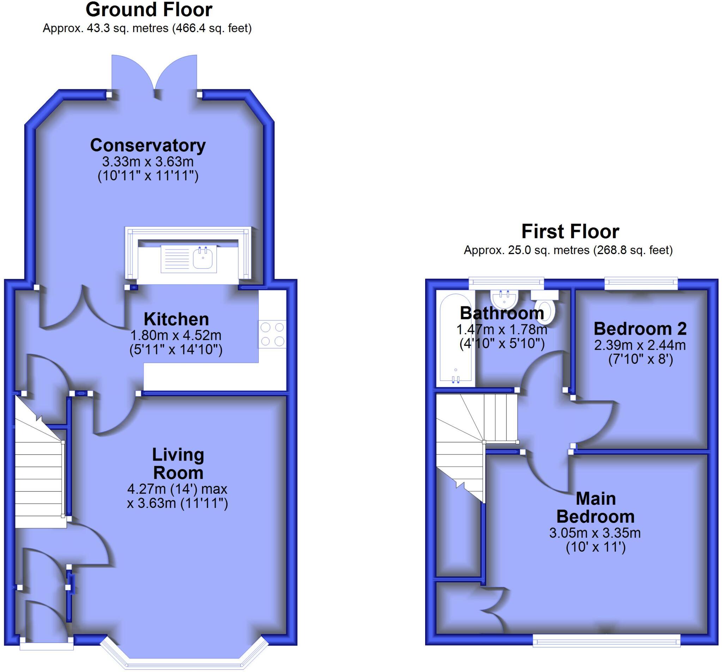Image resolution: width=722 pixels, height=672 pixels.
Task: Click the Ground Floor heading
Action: pos(149,10)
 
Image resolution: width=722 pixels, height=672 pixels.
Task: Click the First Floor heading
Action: pos(570,232)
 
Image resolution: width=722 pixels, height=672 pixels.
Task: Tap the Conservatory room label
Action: pos(148,145)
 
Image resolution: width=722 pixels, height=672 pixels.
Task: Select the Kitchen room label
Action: pos(176,319)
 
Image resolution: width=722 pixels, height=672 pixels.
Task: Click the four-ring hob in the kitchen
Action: pos(273,334)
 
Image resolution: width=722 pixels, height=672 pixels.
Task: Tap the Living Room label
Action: pos(178,464)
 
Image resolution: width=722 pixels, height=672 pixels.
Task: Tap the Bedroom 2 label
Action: pos(640,329)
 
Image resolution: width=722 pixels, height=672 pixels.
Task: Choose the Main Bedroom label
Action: pos(595,508)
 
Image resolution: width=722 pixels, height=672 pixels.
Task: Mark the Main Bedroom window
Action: pos(606,641)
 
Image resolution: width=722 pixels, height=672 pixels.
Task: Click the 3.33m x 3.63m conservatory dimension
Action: pos(148,161)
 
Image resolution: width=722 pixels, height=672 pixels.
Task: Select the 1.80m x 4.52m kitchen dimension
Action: pos(176,335)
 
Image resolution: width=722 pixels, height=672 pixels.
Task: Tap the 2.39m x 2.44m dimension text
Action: pos(640,345)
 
